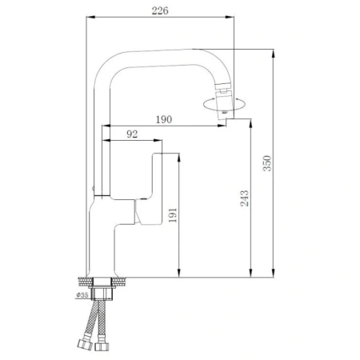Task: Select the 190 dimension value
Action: (x=162, y=119)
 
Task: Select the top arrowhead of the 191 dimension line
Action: (x=183, y=154)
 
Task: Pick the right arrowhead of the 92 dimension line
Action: (x=159, y=142)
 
